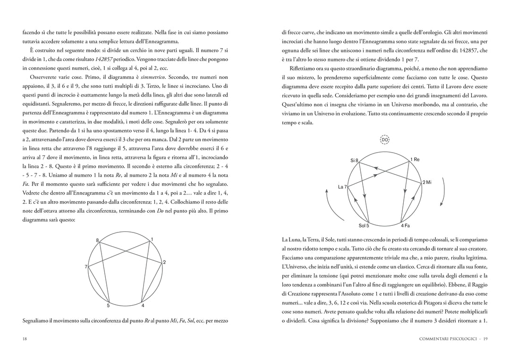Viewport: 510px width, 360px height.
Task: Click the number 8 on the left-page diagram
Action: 98,240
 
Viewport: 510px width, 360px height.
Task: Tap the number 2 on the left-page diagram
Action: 164,262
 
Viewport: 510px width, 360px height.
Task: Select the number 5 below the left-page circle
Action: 108,306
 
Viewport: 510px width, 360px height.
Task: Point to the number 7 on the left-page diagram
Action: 86,267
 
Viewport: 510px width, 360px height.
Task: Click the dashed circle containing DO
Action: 384,140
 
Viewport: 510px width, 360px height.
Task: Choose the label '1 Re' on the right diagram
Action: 415,160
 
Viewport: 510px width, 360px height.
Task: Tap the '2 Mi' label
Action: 427,182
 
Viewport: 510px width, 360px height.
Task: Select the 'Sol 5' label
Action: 363,226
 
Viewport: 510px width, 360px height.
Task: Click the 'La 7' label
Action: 342,187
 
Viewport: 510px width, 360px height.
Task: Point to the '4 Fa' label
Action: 405,226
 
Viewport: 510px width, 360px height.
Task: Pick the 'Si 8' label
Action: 354,161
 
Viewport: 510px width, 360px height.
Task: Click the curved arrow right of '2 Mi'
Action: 441,195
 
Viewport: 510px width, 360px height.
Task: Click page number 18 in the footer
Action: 25,338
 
